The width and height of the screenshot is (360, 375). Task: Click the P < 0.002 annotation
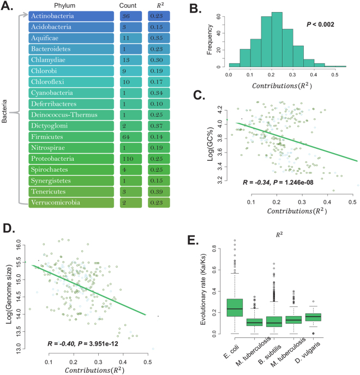(308, 25)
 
